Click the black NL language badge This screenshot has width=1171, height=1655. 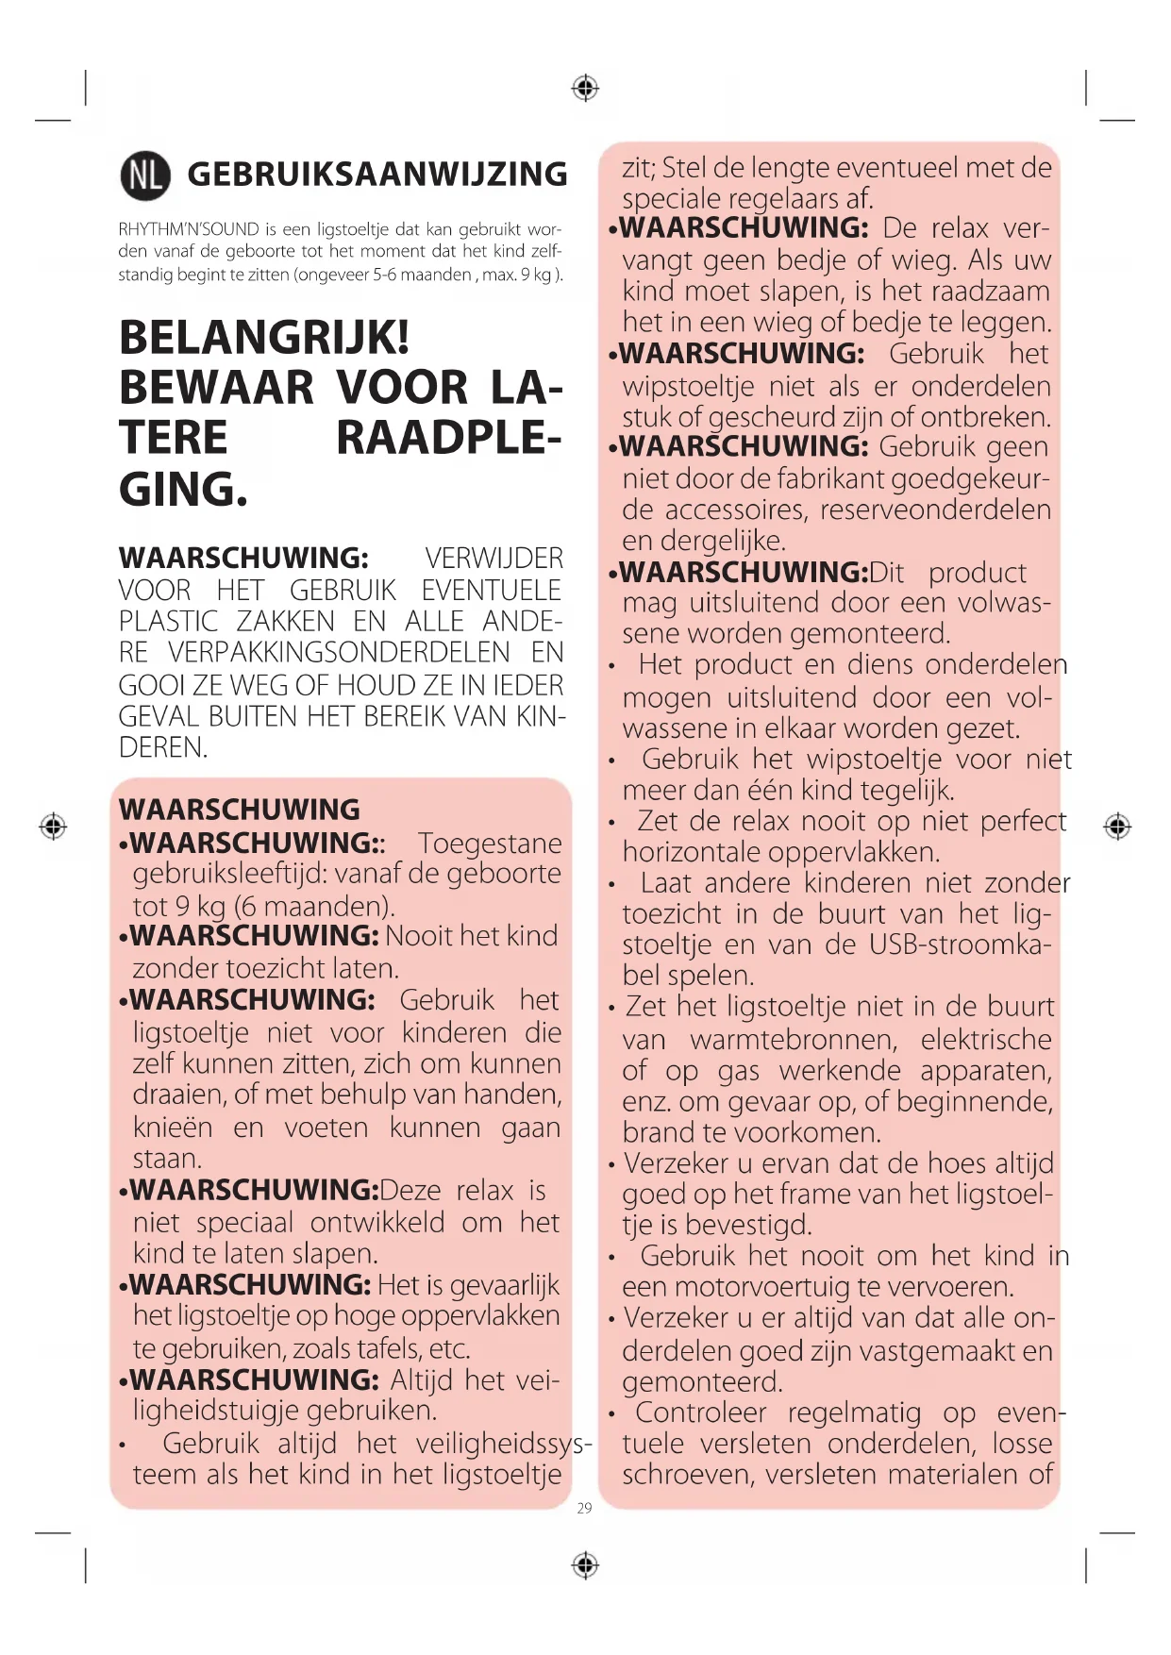click(145, 175)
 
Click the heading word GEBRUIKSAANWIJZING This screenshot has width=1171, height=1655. click(377, 175)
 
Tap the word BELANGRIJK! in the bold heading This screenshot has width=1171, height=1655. click(264, 337)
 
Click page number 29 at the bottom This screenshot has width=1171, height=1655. click(584, 1509)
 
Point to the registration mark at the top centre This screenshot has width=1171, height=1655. click(585, 89)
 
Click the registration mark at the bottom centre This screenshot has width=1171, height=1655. click(585, 1565)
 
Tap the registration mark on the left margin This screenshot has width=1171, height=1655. click(53, 827)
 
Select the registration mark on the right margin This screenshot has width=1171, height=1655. click(1117, 827)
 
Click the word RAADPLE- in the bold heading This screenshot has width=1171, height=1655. click(448, 438)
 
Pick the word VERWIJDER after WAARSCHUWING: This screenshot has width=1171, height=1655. click(493, 559)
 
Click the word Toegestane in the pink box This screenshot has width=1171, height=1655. click(490, 843)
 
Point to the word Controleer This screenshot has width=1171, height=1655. click(700, 1413)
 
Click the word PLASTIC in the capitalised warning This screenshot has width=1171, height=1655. click(168, 622)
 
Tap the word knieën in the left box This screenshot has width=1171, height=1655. click(173, 1128)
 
